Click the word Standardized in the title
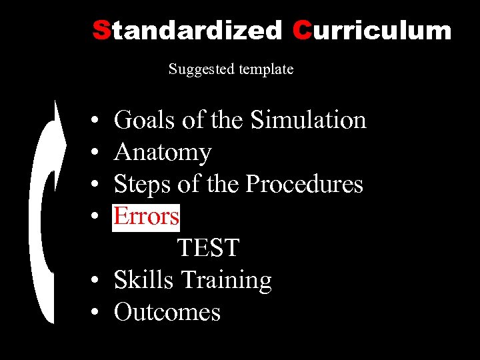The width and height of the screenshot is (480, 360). [x=187, y=30]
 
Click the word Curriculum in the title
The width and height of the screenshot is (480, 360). [x=371, y=30]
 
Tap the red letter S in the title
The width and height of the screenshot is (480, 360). [x=101, y=30]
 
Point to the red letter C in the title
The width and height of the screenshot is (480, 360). [x=301, y=30]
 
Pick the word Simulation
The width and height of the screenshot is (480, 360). [x=309, y=120]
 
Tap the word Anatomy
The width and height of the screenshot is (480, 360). [x=163, y=153]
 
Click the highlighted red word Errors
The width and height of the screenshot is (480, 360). [x=147, y=216]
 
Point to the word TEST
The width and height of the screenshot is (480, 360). [x=208, y=248]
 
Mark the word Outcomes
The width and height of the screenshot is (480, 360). [x=167, y=312]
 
